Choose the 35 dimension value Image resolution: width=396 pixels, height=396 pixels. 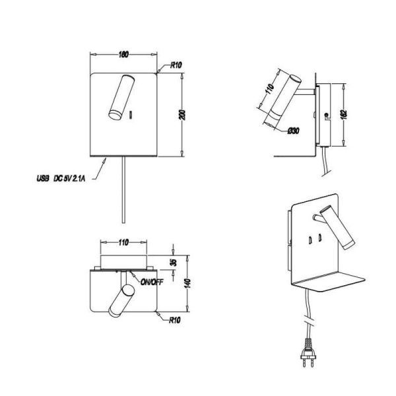click(x=173, y=261)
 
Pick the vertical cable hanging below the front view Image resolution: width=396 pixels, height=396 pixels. click(x=122, y=191)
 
